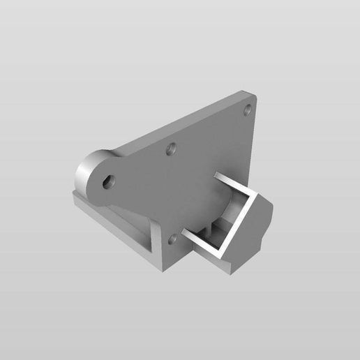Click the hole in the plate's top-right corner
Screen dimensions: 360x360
point(248,110)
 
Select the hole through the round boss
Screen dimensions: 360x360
point(107,181)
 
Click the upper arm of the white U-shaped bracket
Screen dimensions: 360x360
point(230,186)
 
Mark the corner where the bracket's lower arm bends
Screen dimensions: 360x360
point(225,255)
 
